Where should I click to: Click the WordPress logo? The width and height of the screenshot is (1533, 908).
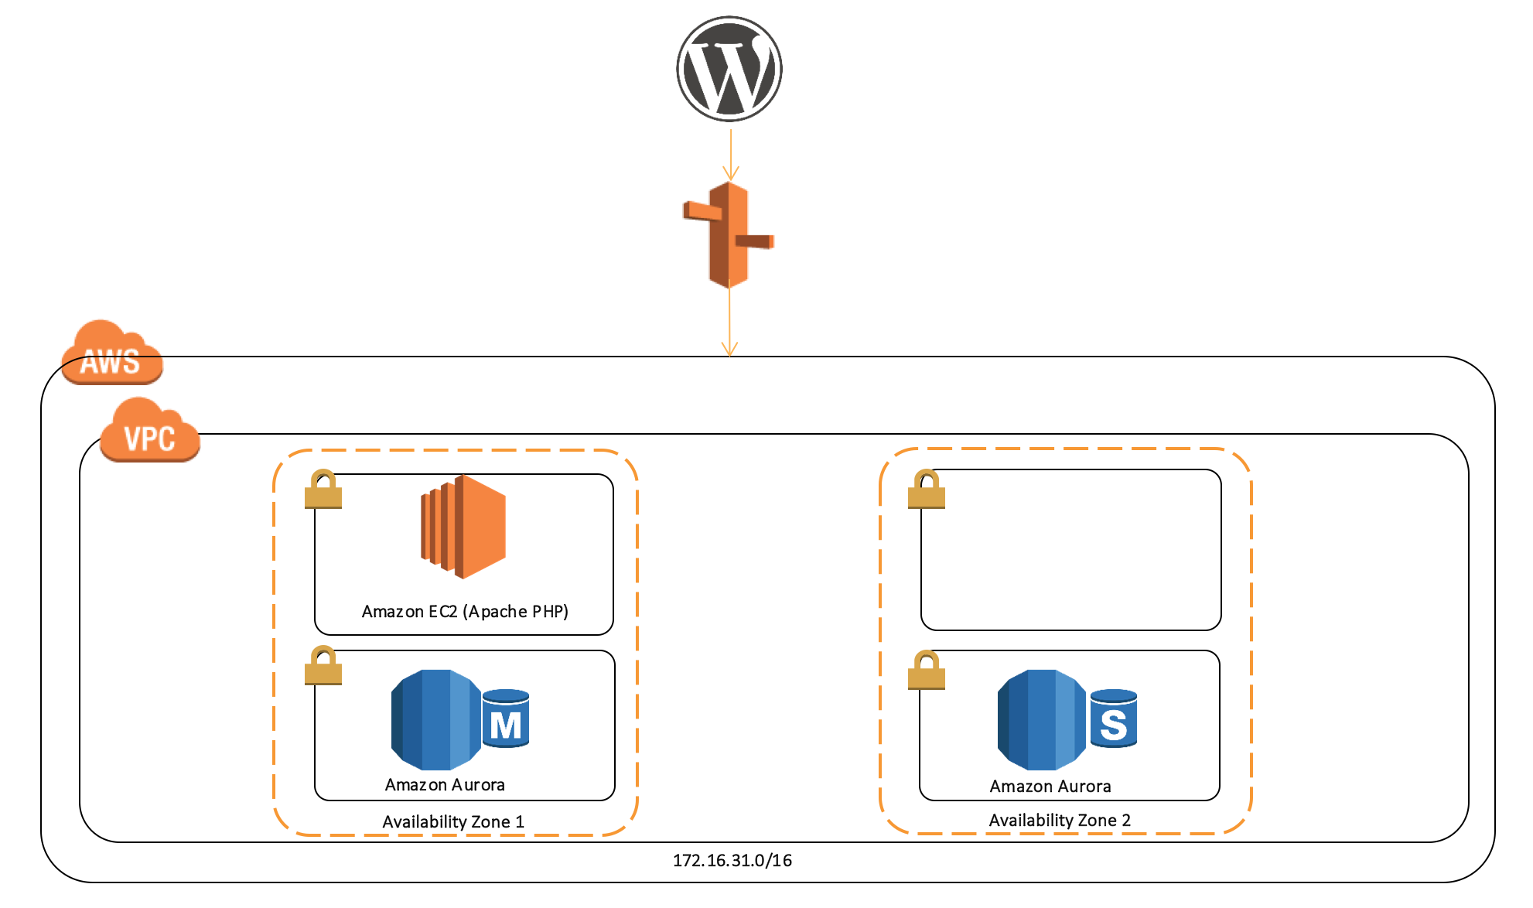click(729, 69)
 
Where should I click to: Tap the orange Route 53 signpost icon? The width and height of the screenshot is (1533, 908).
click(729, 235)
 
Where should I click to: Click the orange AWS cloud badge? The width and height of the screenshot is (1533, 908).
click(112, 355)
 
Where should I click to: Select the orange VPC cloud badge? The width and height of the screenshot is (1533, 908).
click(150, 432)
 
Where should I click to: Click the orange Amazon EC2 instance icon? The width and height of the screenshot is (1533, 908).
click(463, 527)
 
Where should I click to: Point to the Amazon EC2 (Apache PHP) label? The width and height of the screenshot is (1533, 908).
click(465, 612)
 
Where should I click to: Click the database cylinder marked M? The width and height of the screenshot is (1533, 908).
click(506, 719)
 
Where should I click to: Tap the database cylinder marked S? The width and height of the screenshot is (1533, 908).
click(1113, 719)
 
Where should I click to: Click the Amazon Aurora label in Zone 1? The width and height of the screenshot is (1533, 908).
click(445, 785)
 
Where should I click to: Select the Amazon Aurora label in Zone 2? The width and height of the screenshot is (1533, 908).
click(1050, 787)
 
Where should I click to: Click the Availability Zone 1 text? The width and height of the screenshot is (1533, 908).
click(453, 822)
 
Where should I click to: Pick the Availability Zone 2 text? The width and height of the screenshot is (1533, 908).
click(1060, 821)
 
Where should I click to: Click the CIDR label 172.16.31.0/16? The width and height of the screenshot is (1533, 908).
click(732, 861)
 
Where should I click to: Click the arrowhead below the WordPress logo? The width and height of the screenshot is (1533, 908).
click(730, 173)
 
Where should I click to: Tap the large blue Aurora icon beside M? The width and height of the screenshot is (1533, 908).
click(435, 720)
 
